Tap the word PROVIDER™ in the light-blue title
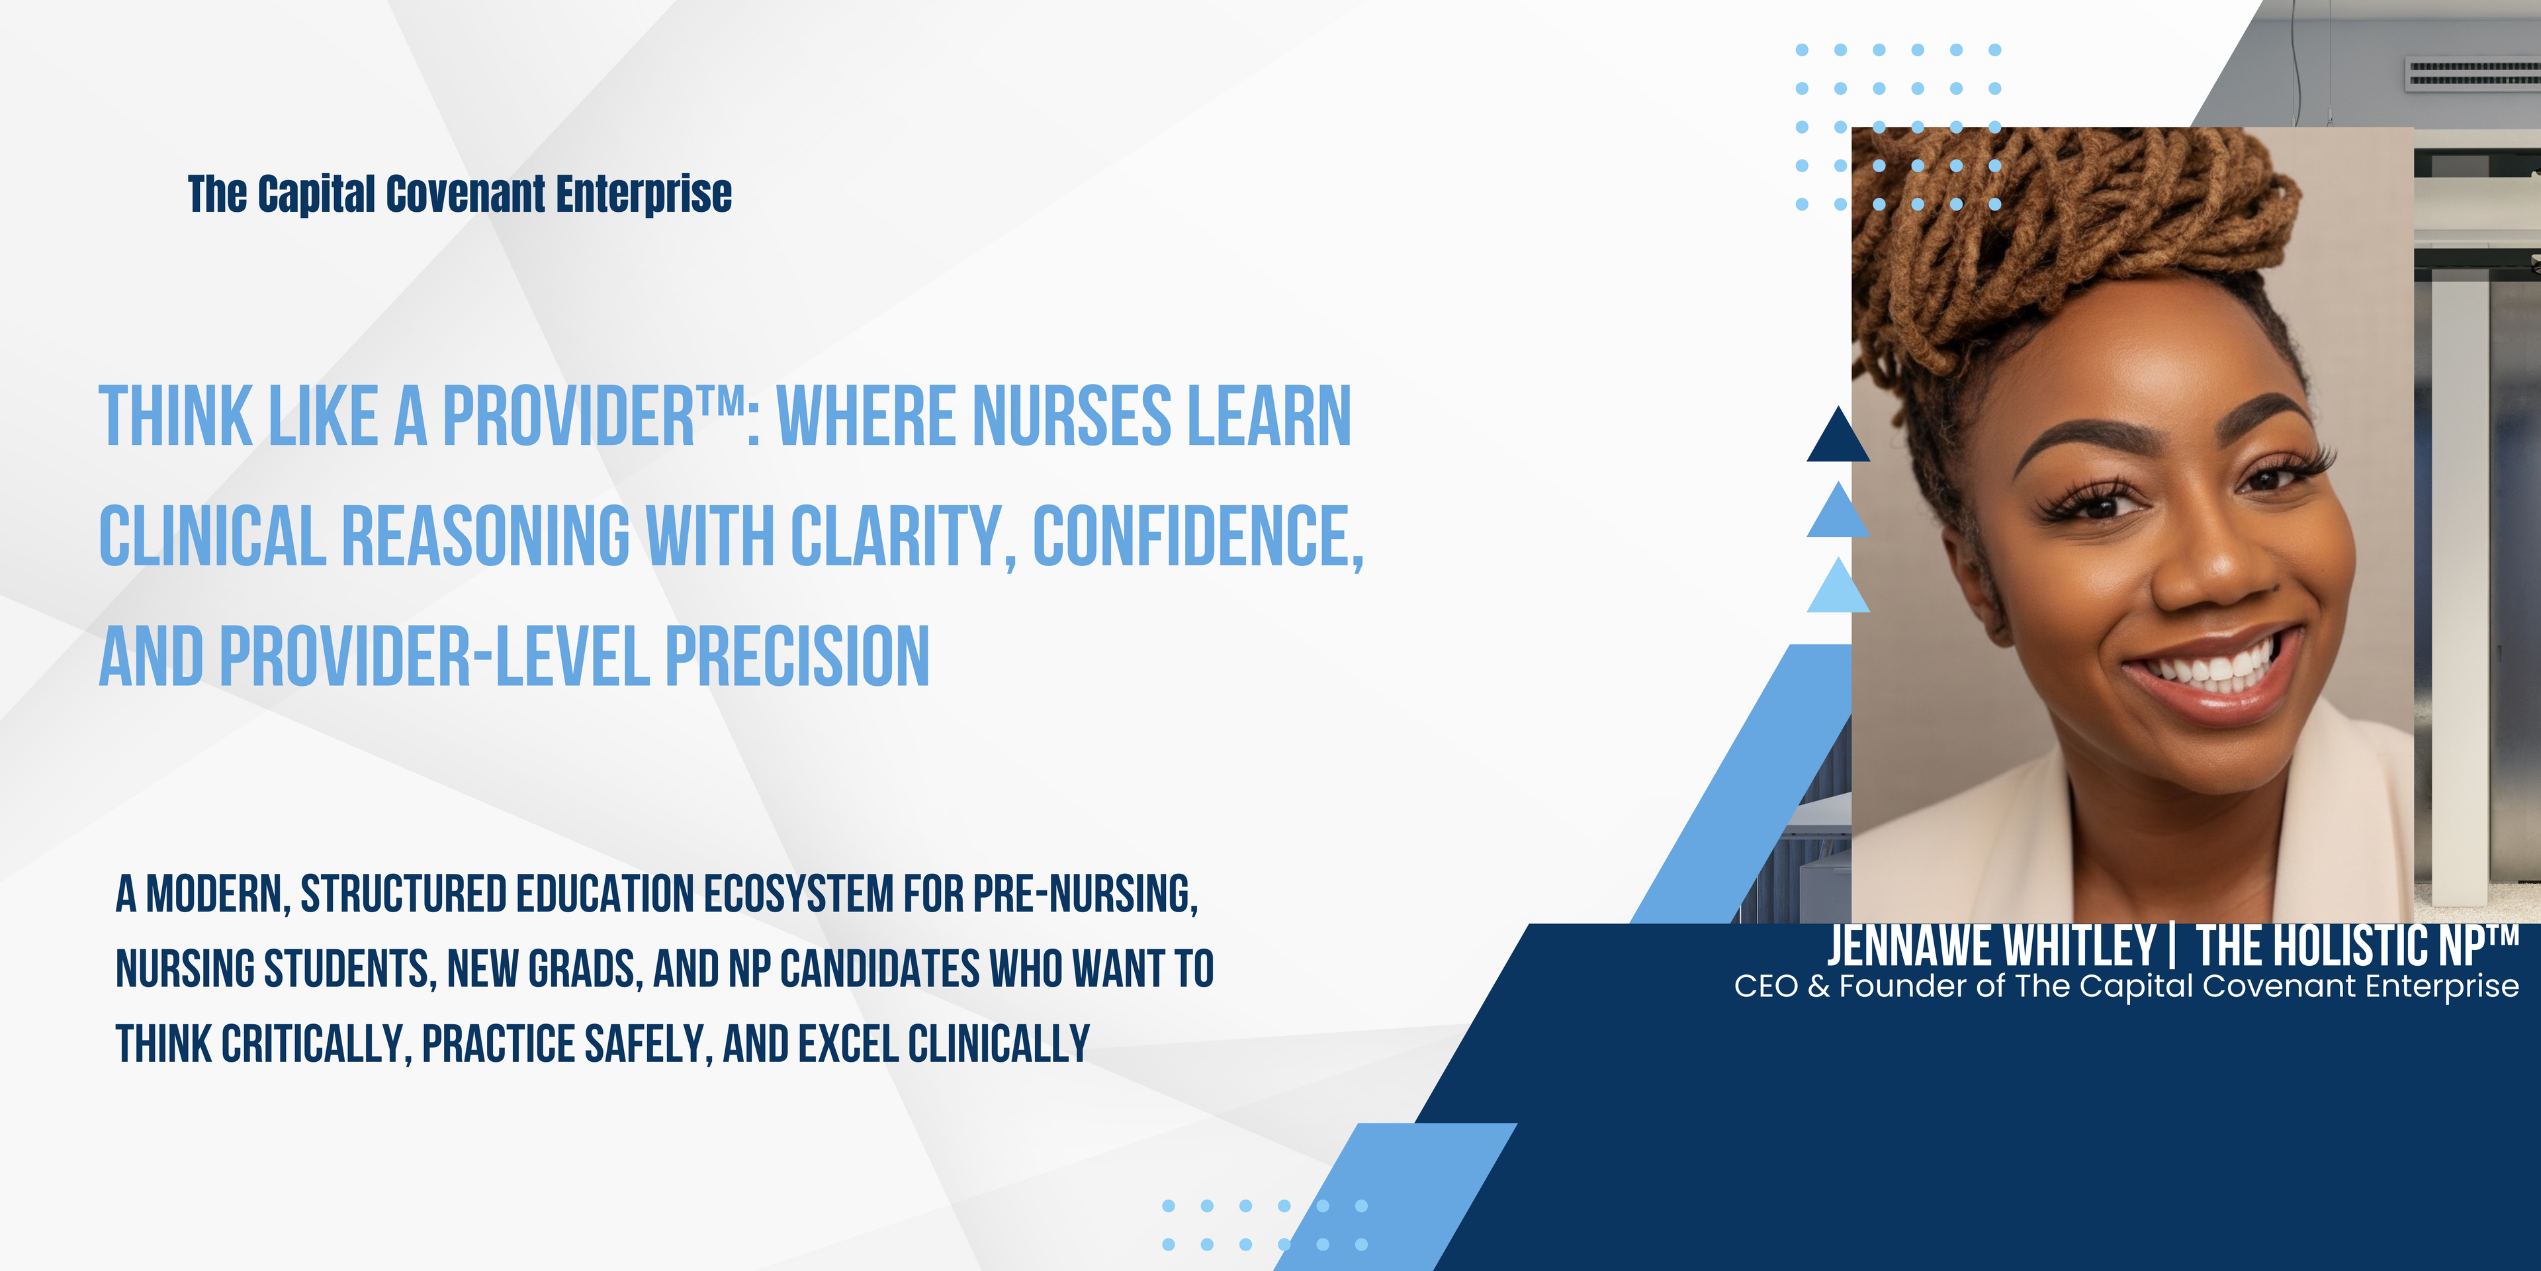(593, 416)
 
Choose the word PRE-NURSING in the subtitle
(1085, 894)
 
